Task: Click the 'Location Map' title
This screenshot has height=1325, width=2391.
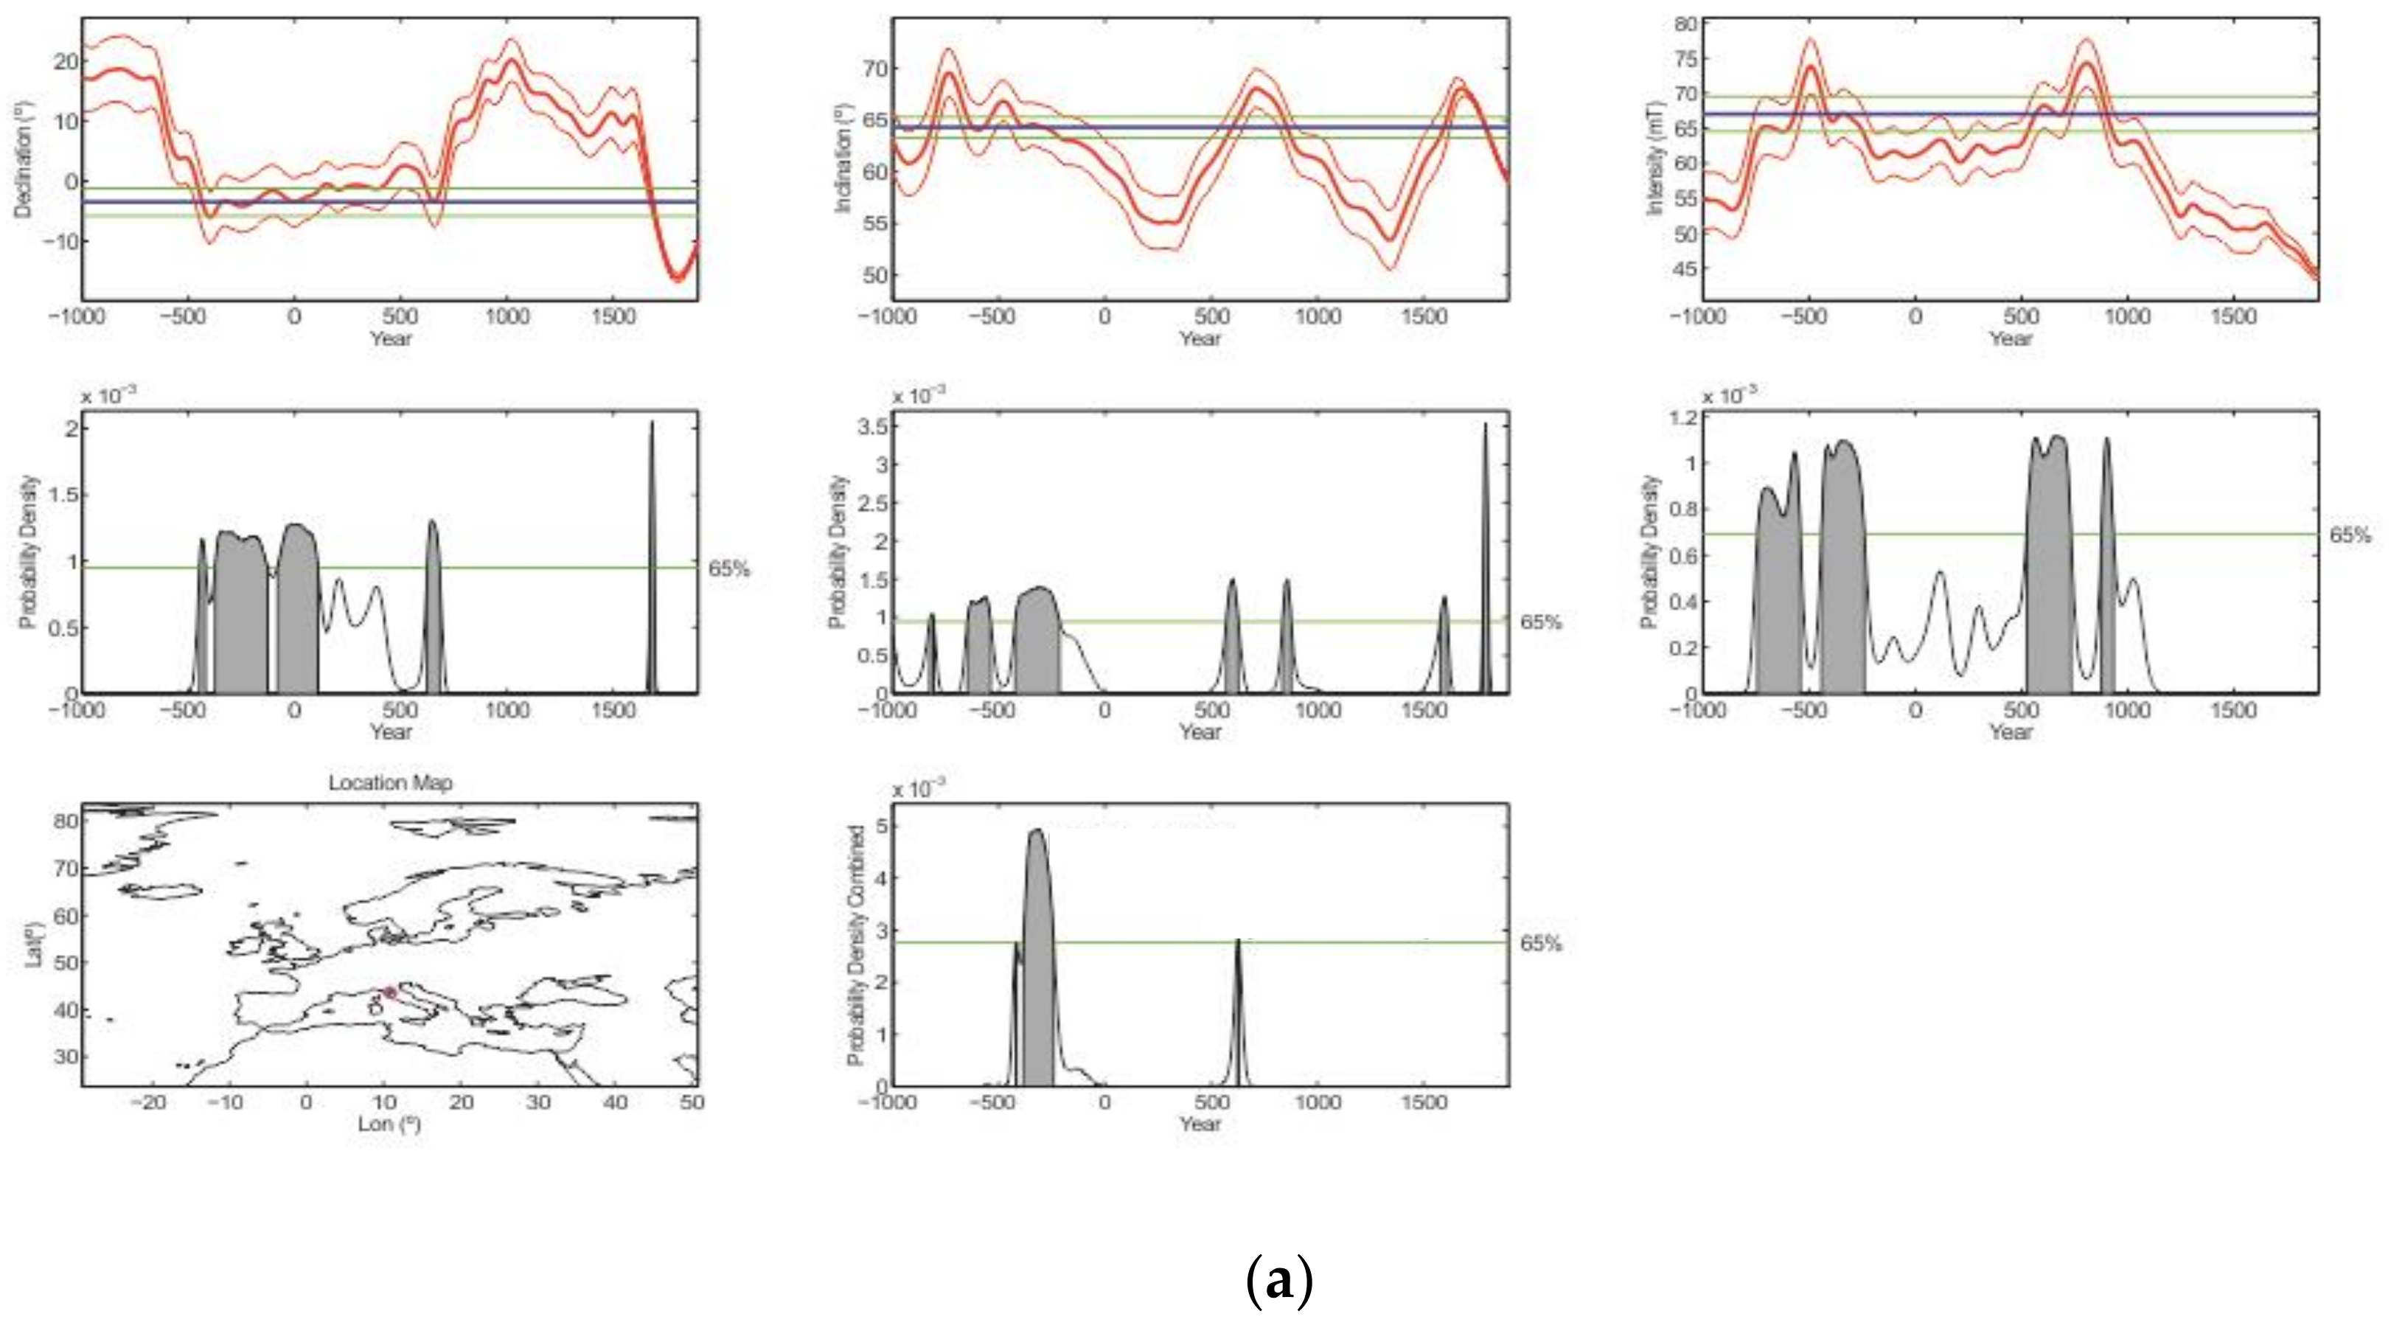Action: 390,783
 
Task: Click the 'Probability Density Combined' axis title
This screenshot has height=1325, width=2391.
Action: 856,945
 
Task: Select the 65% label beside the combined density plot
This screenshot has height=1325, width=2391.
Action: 1542,943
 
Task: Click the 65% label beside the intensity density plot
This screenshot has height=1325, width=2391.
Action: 2350,535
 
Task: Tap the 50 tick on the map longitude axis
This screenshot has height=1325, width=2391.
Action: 692,1102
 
